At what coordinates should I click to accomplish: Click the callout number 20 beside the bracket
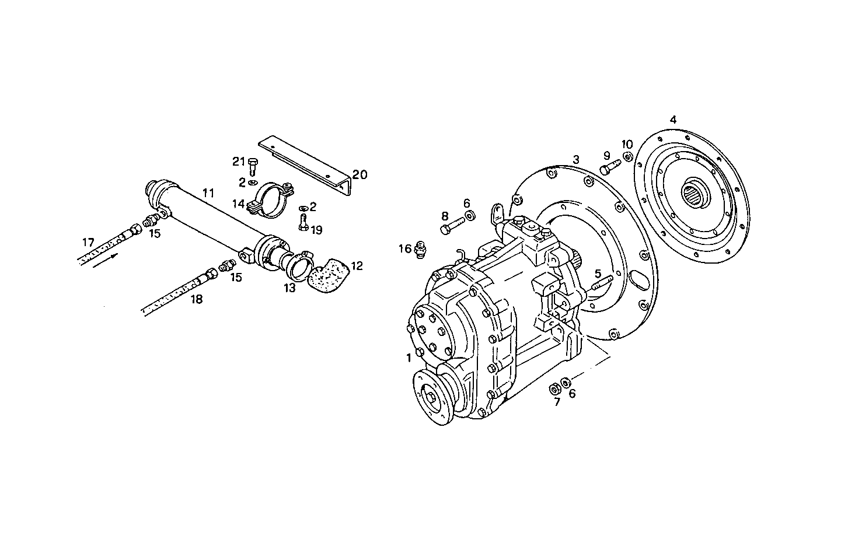coord(360,174)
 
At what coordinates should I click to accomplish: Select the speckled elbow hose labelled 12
coord(328,278)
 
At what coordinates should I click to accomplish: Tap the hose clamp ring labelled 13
coord(298,264)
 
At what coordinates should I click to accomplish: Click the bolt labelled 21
coord(252,165)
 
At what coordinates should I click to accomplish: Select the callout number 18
coord(197,300)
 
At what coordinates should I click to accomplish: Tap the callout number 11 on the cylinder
coord(208,192)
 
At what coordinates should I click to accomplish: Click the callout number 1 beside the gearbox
coord(409,356)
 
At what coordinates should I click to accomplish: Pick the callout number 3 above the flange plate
coord(575,159)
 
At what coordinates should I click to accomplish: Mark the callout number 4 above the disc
coord(673,120)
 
